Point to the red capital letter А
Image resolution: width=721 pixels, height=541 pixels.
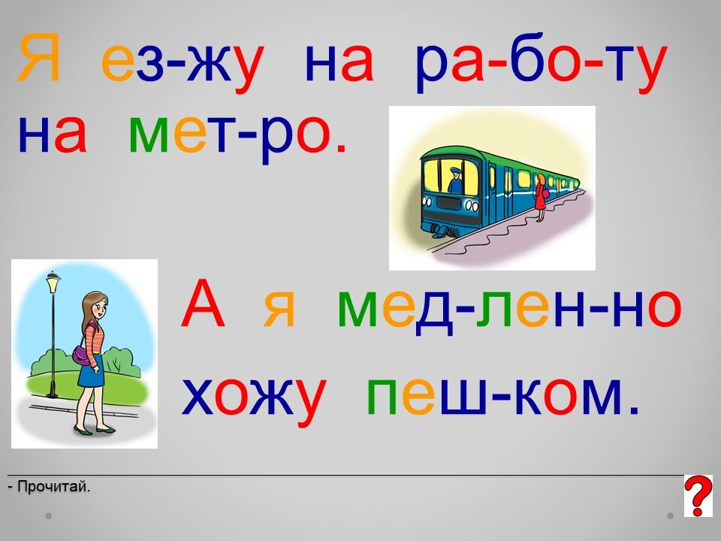click(203, 304)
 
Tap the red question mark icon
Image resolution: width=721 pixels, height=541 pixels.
click(698, 496)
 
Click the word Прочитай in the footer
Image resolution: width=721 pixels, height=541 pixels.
click(53, 486)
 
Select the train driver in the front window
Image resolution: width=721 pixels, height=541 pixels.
click(454, 180)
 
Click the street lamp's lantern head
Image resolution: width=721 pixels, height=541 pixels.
click(53, 282)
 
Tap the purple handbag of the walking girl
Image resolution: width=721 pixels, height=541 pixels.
click(82, 355)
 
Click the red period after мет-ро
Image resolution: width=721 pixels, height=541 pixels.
click(341, 148)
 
